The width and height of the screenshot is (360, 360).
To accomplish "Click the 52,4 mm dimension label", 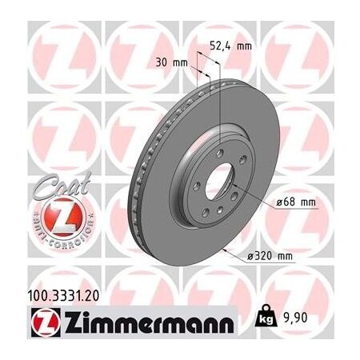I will coord(230,46).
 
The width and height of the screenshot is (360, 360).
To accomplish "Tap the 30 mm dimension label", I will coord(174,62).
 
